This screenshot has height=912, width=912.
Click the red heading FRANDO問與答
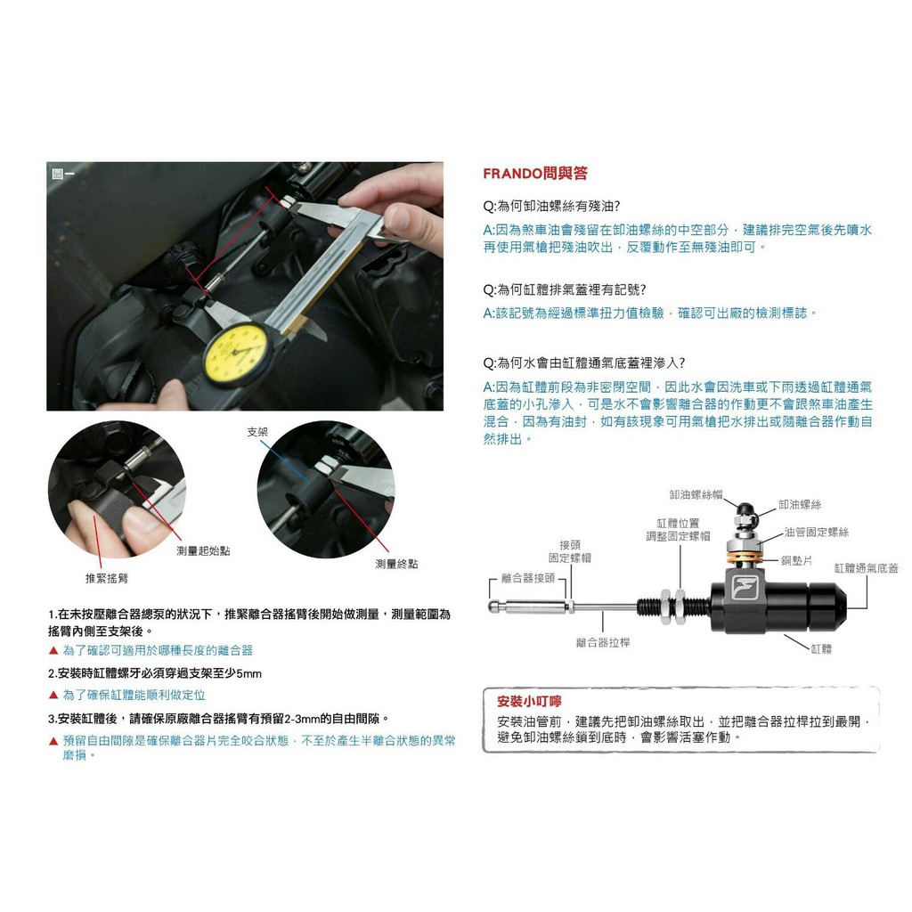535,174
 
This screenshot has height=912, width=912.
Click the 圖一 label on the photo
63,174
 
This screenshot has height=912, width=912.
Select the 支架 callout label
257,432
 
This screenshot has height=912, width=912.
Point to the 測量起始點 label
204,550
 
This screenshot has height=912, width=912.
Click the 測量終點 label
396,564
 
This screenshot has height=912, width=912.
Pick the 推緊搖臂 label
107,578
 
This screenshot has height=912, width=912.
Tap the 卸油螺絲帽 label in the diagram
696,495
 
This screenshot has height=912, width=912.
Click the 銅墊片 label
797,560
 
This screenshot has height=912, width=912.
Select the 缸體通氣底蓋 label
866,568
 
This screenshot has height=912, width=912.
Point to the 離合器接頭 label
528,578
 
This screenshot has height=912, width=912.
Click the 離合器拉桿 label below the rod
603,643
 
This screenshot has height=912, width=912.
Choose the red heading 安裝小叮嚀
529,702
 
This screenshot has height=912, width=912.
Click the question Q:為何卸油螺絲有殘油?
551,206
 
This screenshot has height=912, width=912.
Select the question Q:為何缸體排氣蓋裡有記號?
565,289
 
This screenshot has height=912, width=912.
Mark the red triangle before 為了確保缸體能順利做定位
53,695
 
